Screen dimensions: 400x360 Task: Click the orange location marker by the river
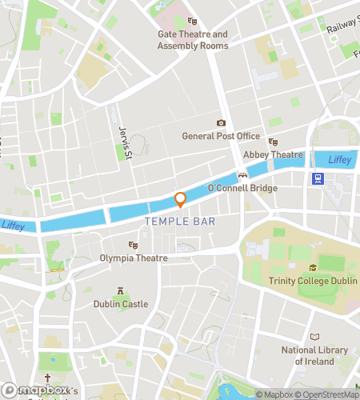pos(181,200)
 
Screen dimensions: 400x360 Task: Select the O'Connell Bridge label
pos(242,189)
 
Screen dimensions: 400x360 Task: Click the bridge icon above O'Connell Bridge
pos(242,175)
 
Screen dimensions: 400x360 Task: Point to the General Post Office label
pos(222,136)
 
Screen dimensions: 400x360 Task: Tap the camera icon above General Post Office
pos(222,123)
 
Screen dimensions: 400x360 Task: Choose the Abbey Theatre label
pos(273,155)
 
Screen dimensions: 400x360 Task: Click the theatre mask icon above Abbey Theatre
pos(273,142)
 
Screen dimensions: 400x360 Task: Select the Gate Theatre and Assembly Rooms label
pos(192,40)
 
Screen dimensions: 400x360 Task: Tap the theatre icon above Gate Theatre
pos(191,22)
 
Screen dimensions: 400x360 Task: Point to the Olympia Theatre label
pos(134,258)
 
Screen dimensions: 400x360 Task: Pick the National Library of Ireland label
pos(314,356)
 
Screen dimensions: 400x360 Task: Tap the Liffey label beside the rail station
pos(339,161)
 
